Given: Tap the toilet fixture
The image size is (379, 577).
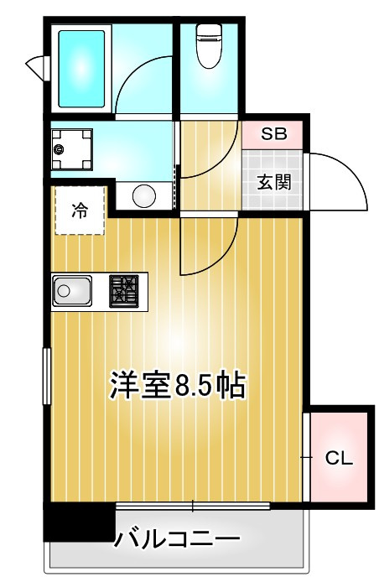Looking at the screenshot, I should (x=208, y=45).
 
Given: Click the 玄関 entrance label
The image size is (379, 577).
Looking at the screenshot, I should (x=273, y=181).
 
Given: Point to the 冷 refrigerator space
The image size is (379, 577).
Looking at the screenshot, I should (x=79, y=211).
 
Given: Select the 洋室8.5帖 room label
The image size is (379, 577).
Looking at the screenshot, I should (x=177, y=385).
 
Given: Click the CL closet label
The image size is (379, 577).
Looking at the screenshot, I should (x=338, y=458).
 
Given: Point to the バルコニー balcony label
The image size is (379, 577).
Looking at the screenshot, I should (x=178, y=537).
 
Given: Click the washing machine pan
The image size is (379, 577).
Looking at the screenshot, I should (x=73, y=149).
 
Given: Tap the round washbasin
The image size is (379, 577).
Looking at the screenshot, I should (x=143, y=195).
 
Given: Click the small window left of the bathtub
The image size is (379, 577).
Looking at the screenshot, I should (x=35, y=65).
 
